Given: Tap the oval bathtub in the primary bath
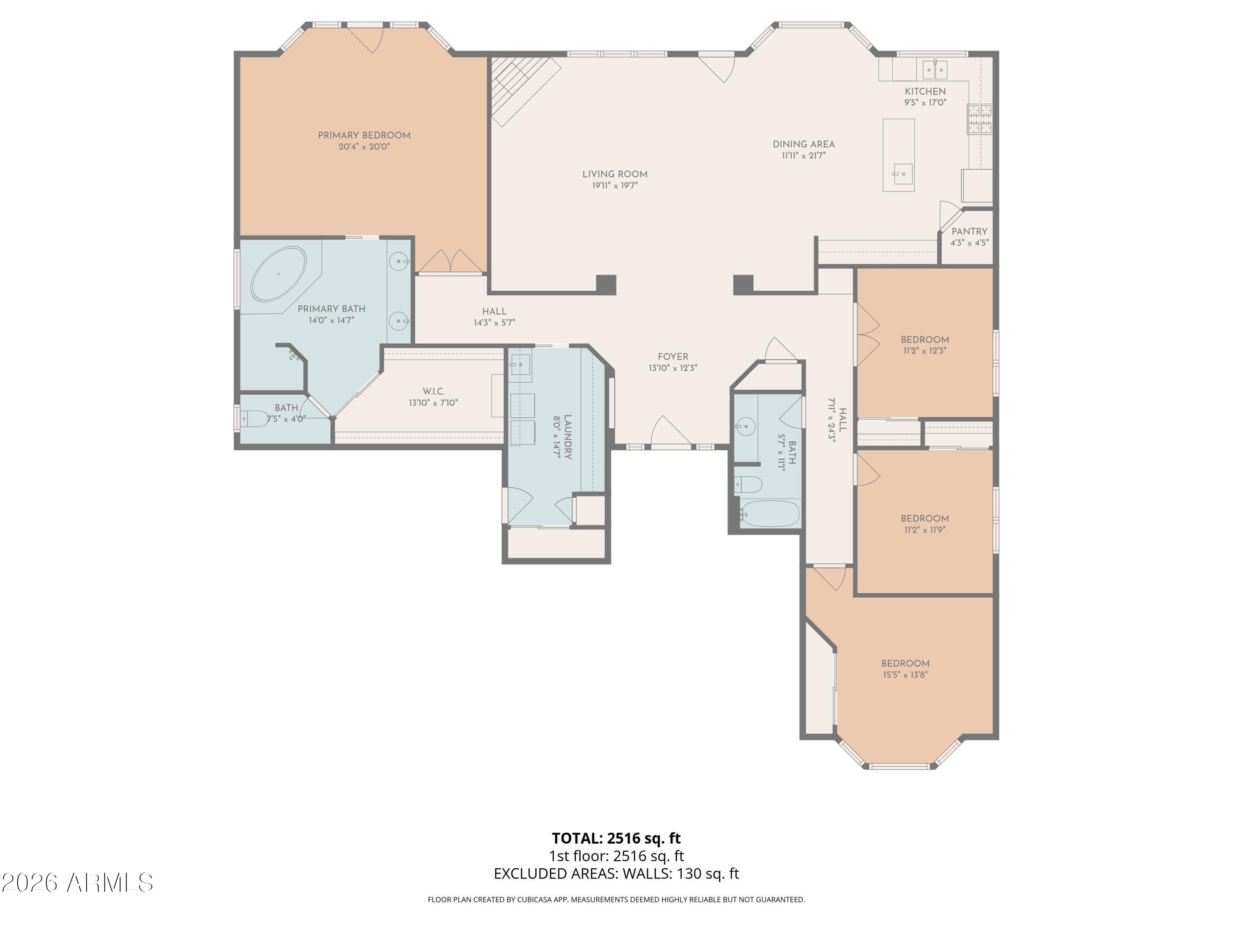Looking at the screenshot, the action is (x=278, y=274).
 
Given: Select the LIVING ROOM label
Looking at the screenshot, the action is (x=615, y=174).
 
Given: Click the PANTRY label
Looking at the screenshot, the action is (x=969, y=231).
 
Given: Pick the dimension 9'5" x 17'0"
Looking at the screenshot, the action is (x=925, y=103).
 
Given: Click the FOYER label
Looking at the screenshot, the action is (x=673, y=356).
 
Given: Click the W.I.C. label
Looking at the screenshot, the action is (x=433, y=391).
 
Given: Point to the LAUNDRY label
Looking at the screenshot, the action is (x=568, y=437).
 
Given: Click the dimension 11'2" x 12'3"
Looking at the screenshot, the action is (x=925, y=351).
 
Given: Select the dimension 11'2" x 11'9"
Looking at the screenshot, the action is (x=925, y=530).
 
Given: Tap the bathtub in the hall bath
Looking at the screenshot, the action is (x=770, y=513).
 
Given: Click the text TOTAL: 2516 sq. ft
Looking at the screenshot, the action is (x=616, y=838).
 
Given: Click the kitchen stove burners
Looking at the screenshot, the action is (x=979, y=119).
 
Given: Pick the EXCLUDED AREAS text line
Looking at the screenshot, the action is (x=616, y=873).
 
